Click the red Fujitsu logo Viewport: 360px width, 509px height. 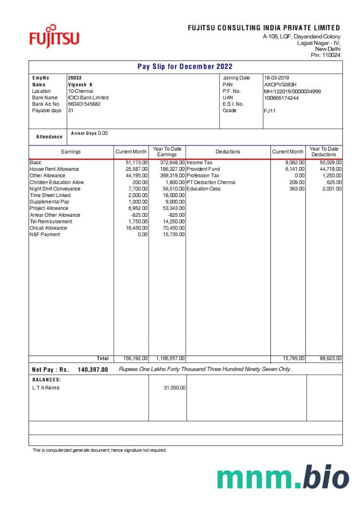(54, 37)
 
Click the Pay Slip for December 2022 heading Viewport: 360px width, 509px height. (185, 67)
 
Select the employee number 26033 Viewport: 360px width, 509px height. (75, 78)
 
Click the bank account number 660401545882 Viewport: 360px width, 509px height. (84, 104)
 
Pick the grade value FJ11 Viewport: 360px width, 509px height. (270, 111)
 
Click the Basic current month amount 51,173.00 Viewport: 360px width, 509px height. (137, 163)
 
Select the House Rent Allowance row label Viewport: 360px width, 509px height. (54, 169)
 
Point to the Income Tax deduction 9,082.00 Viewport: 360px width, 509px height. (295, 163)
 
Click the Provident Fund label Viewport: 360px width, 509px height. (203, 169)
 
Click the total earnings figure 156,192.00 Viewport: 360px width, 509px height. (135, 358)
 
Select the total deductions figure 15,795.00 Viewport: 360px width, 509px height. (293, 358)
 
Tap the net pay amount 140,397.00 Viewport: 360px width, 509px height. (93, 370)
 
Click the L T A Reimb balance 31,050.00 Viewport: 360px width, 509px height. (175, 388)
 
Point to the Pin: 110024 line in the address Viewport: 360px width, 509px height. (326, 55)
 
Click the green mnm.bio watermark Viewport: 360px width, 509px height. (283, 477)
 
